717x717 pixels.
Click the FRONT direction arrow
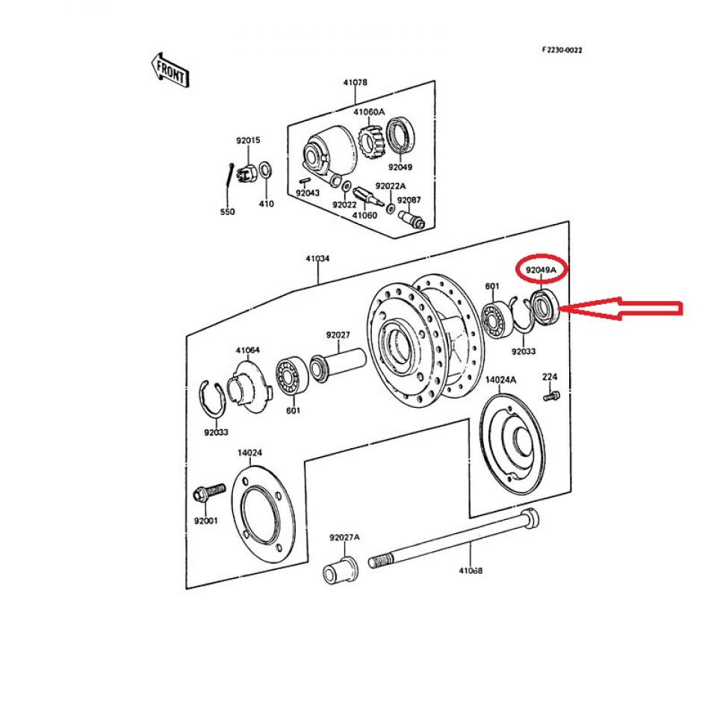170,70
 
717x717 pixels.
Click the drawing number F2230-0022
562,50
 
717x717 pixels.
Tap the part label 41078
356,82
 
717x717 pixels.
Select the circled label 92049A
541,270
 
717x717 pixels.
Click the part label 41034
317,258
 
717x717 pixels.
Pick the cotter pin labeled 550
229,175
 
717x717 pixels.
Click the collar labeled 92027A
341,570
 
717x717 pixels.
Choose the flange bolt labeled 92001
209,492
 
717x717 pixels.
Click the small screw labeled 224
552,396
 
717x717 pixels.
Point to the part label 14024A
500,379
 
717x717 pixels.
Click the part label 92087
409,200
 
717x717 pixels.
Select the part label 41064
247,350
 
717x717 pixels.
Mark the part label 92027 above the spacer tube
338,335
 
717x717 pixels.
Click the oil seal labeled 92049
402,136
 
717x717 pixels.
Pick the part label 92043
307,193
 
